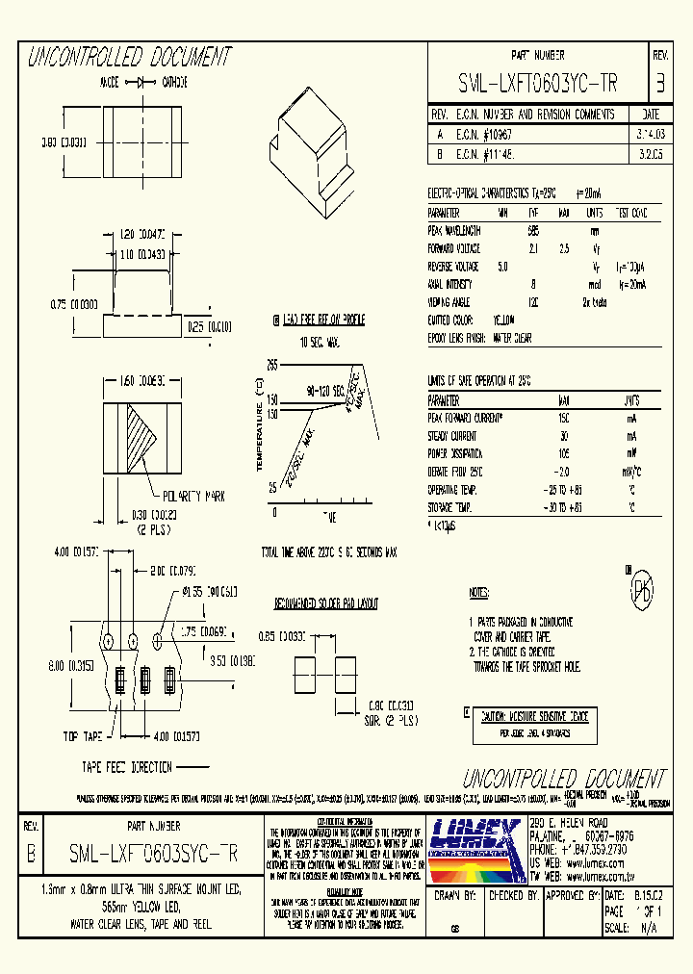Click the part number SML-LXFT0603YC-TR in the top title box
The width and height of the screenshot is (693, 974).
point(538,84)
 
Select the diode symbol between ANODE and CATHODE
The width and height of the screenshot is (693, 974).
point(146,84)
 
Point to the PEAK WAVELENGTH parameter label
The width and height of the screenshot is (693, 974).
point(454,231)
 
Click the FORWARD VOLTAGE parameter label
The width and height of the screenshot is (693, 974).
point(453,249)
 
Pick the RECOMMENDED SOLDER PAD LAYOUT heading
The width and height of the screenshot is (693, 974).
point(326,603)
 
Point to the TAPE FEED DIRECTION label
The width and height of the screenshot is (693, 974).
point(127,767)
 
